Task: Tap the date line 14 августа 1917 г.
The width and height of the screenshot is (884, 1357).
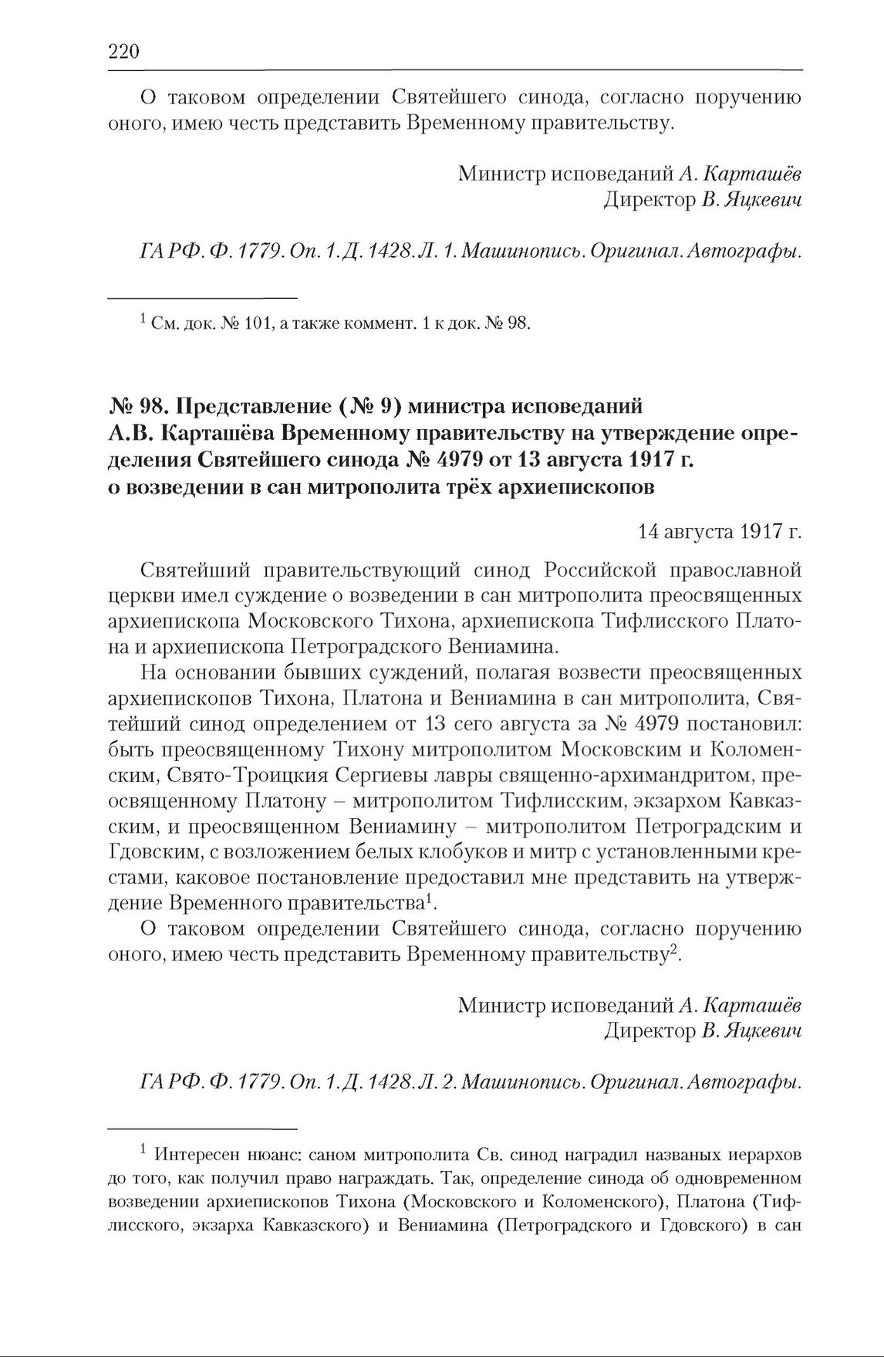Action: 720,532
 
